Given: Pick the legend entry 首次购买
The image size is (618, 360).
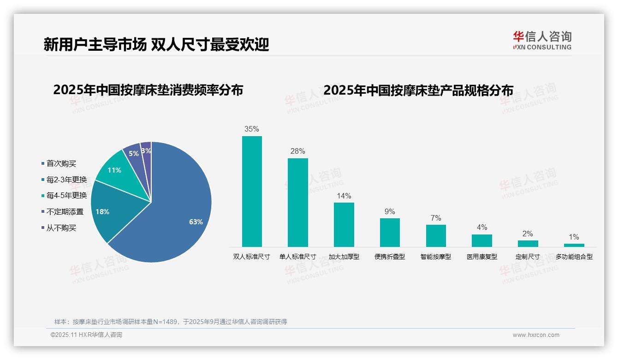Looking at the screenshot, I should pos(61,163).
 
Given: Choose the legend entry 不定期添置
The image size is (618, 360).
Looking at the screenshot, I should pos(65,212).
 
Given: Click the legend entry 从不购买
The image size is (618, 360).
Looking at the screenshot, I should pos(61,228).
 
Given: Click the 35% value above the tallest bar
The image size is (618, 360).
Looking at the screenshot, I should pos(252,129).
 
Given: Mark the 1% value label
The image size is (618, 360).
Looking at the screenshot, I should pos(574,237).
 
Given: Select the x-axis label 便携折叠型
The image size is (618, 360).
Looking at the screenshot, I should pos(390,257).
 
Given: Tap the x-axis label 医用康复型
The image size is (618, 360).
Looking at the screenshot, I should pos(482,257).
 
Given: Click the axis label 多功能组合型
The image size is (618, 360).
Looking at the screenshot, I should pos(574,257).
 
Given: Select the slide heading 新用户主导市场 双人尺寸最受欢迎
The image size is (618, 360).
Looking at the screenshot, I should pos(156,44).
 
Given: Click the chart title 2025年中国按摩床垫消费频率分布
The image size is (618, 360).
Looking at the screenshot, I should pos(148,90).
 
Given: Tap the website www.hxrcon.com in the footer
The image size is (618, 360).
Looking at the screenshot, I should pos(535,335).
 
